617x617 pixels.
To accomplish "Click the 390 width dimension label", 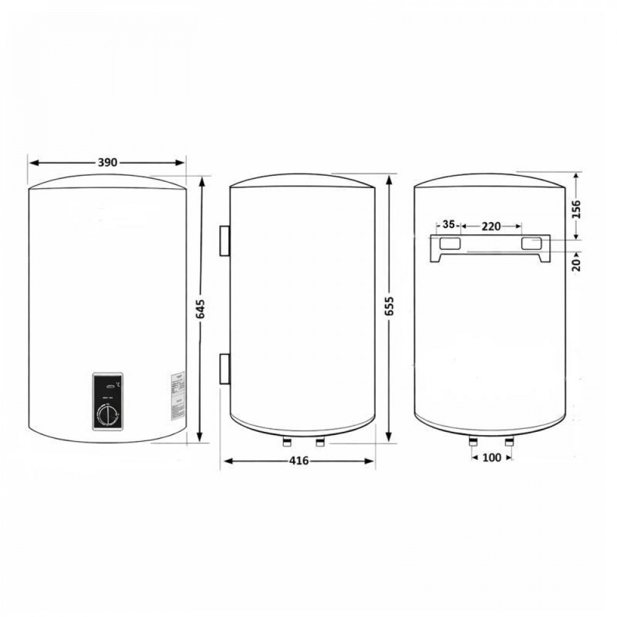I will coord(107,163).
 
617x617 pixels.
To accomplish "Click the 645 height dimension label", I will coord(200,308).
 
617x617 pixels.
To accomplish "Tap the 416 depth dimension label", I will coord(298,461).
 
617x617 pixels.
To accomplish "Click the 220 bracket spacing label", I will coord(491,226).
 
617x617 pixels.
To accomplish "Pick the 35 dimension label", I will coord(449,224).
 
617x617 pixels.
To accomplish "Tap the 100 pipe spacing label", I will coord(492,457).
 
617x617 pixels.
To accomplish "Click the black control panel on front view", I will coord(109,402).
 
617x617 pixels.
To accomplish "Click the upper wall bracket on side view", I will coord(224,240).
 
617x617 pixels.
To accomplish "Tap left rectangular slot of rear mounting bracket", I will coord(449,244).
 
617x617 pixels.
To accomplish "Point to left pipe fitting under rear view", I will coord(473,442).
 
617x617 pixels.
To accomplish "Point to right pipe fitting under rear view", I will coord(509,442).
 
